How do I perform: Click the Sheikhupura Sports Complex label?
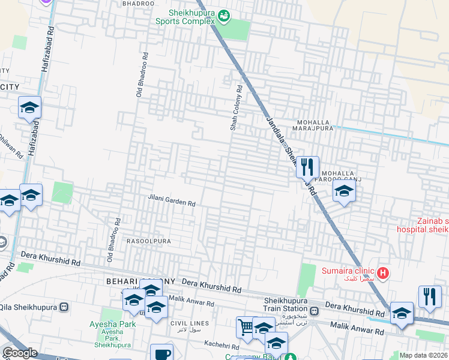pyautogui.click(x=185, y=16)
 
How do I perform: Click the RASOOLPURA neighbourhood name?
pyautogui.click(x=149, y=241)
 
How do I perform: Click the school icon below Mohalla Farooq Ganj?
pyautogui.click(x=344, y=191)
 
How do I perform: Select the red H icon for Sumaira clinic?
pyautogui.click(x=383, y=274)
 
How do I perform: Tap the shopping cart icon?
pyautogui.click(x=246, y=327)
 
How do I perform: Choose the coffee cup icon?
pyautogui.click(x=160, y=353)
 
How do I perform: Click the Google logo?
pyautogui.click(x=20, y=353)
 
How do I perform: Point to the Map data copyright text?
pyautogui.click(x=424, y=355)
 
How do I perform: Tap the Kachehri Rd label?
pyautogui.click(x=221, y=343)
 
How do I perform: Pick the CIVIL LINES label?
pyautogui.click(x=189, y=323)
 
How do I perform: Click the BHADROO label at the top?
pyautogui.click(x=138, y=4)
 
